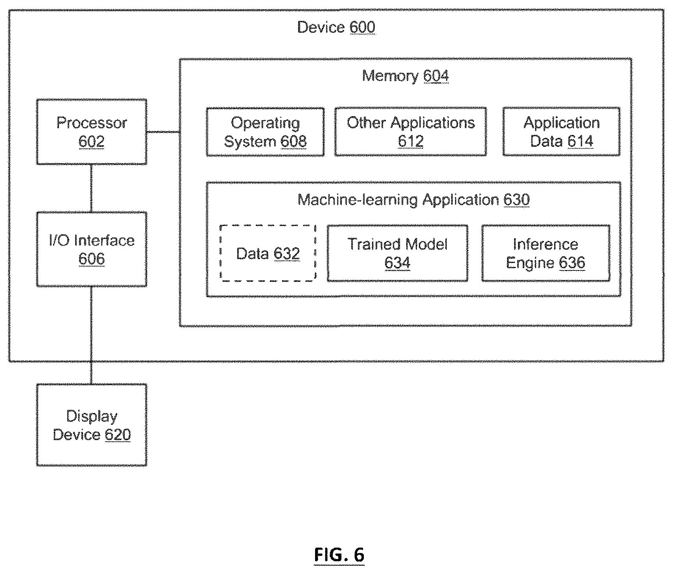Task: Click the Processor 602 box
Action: point(92,131)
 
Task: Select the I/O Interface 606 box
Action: point(92,249)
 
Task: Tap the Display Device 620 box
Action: point(92,425)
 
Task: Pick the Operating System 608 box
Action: point(266,131)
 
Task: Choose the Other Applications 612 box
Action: point(411,131)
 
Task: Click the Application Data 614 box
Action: point(561,131)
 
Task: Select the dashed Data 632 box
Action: point(268,253)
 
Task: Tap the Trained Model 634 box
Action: point(398,253)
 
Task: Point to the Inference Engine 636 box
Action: point(546,253)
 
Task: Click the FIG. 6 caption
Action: point(339,555)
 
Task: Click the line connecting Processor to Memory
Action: point(163,131)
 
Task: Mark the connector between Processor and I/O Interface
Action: point(92,188)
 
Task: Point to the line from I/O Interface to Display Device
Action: point(92,335)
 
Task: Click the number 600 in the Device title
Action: point(362,28)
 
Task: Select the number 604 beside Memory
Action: point(436,76)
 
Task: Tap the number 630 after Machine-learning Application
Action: point(516,200)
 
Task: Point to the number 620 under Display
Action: point(118,435)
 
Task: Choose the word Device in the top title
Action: point(321,28)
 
